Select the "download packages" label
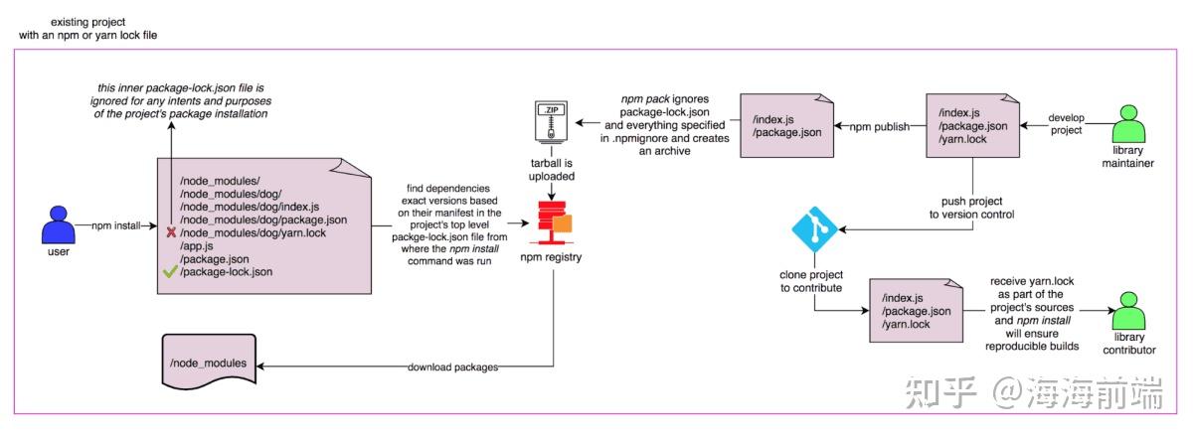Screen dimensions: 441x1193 (453, 367)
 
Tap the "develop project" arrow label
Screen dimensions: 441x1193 (1068, 123)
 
